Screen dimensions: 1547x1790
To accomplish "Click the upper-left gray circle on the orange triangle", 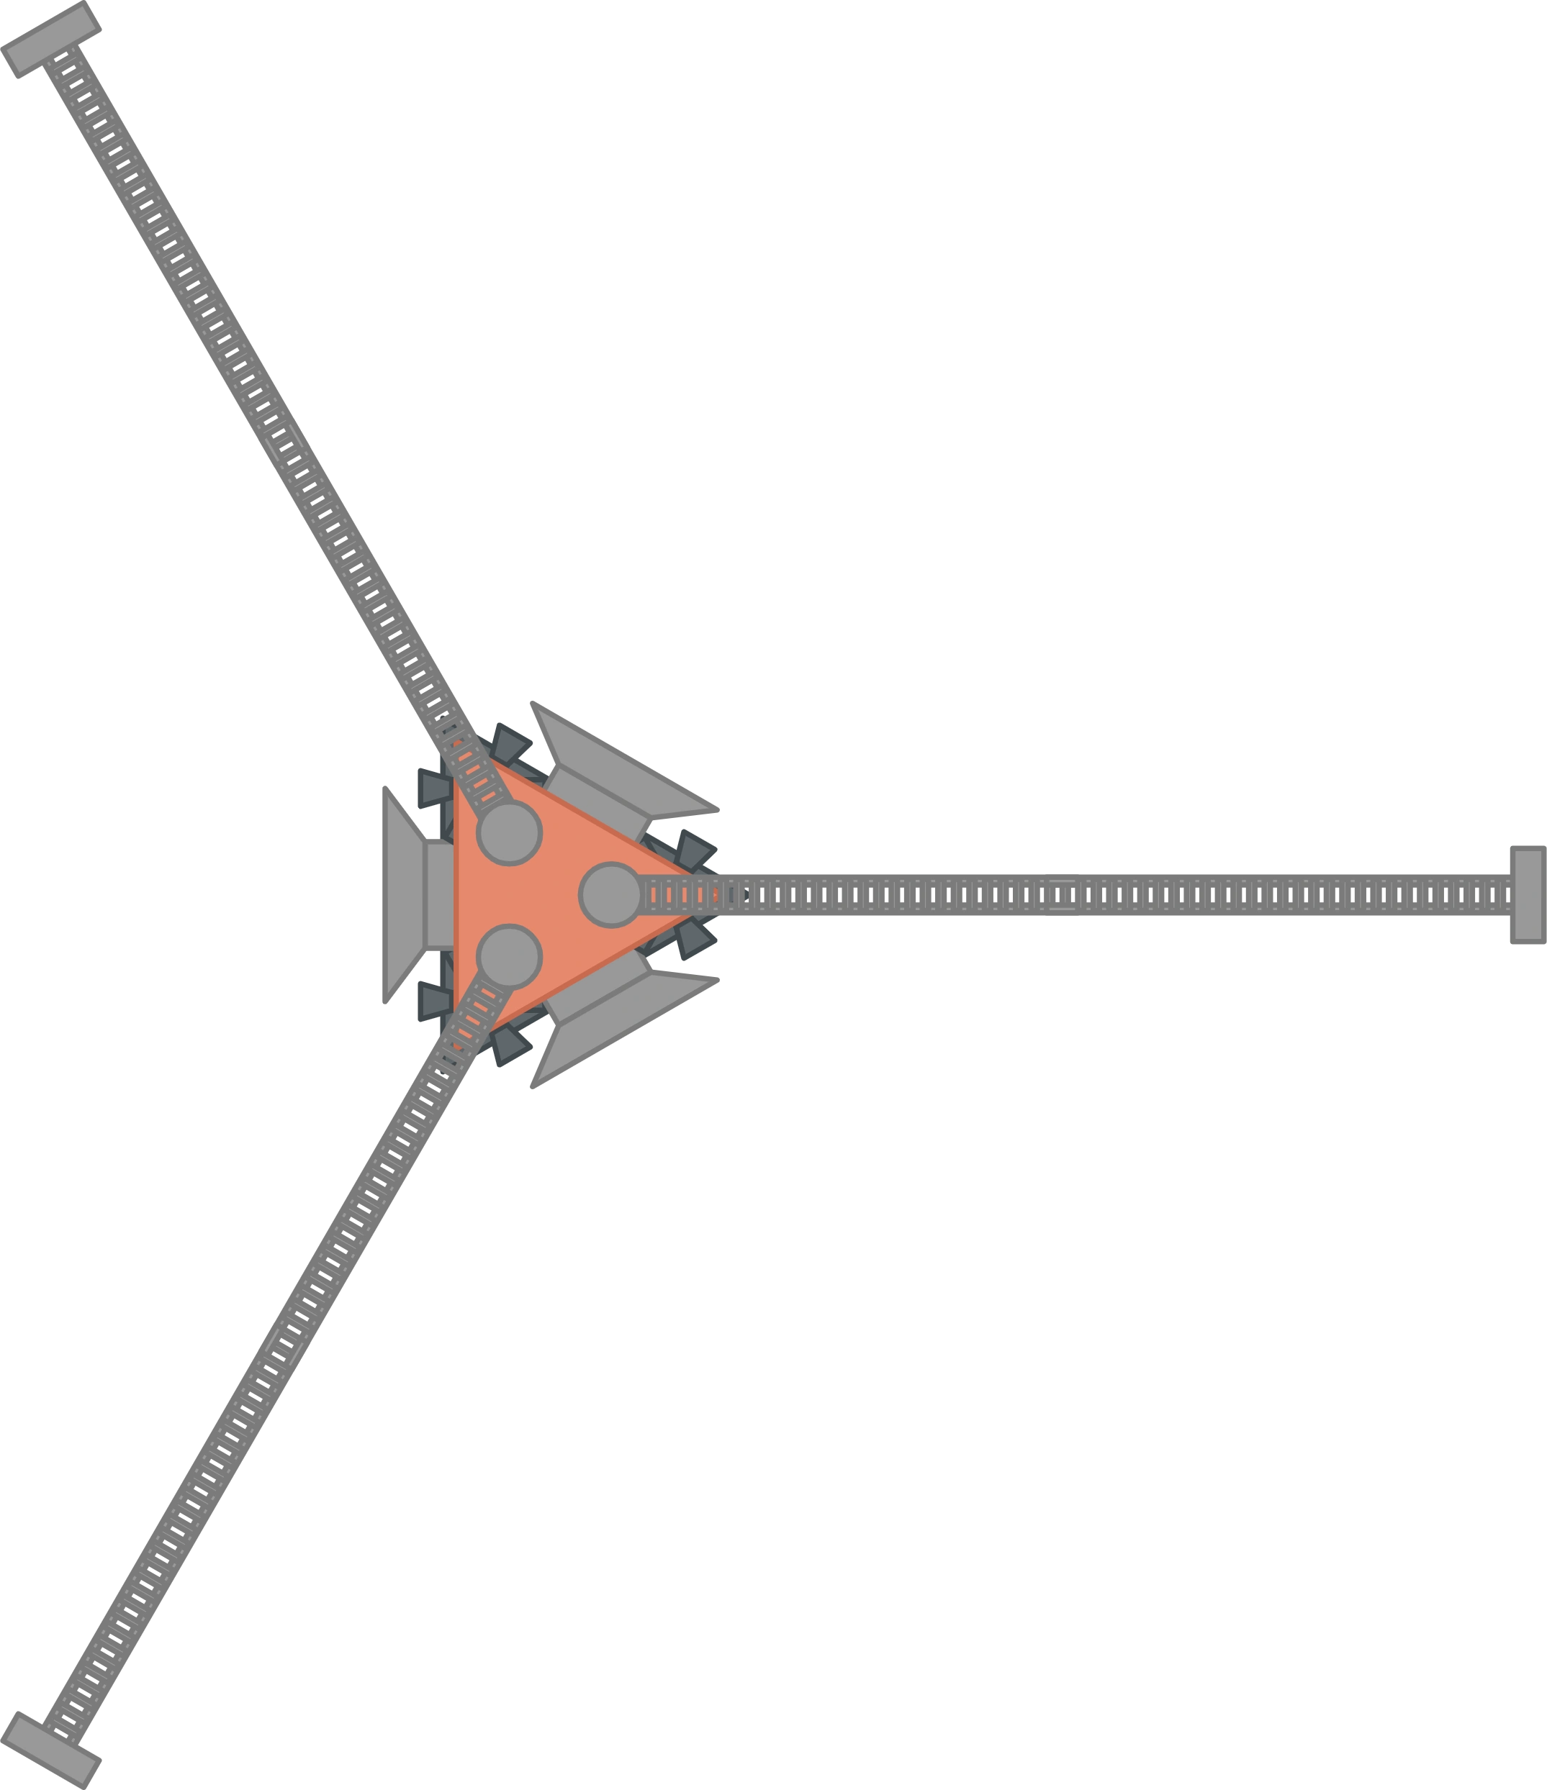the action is (509, 833).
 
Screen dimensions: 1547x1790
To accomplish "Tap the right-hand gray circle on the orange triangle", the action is (610, 895).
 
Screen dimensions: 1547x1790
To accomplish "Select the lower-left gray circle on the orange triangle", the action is (509, 956).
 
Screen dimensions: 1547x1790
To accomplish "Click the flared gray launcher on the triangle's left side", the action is (410, 895).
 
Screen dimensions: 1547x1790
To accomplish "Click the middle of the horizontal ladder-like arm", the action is (1115, 895).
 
